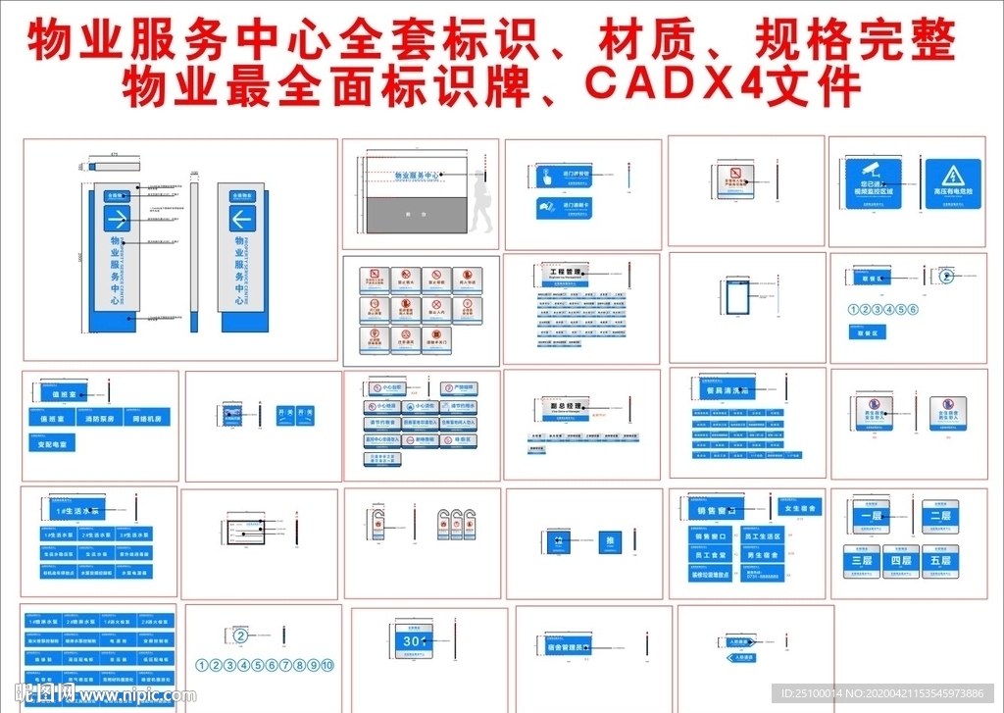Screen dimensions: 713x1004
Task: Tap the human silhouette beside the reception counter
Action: [x=481, y=201]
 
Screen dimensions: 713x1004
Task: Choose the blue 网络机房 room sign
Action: [x=149, y=419]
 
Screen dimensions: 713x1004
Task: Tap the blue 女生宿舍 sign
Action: [x=800, y=508]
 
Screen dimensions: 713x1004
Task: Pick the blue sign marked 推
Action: [x=610, y=541]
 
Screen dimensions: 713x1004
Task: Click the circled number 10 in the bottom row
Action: [x=327, y=665]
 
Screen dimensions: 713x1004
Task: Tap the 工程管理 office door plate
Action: [x=566, y=272]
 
